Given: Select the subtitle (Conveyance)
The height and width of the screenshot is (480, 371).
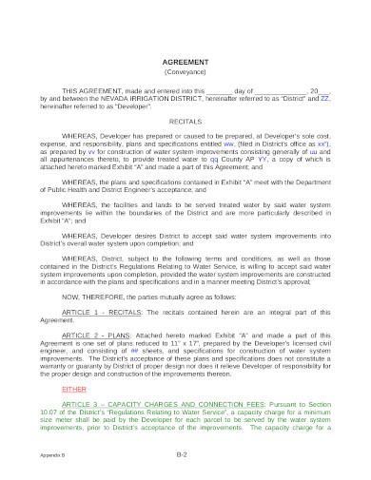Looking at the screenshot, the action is pos(185,71).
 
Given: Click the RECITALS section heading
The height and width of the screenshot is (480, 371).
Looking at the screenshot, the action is pos(185,123).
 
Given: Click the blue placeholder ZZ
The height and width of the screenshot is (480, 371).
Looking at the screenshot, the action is pos(325,97).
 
